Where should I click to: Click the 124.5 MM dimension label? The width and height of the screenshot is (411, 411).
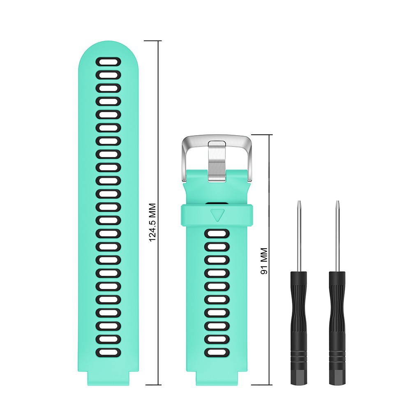(153, 222)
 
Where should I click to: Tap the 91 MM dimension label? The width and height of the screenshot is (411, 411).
(264, 261)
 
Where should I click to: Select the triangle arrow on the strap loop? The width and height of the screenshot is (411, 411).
(217, 215)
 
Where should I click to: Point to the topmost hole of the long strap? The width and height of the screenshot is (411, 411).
(108, 62)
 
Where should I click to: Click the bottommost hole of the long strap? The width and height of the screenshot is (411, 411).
(108, 352)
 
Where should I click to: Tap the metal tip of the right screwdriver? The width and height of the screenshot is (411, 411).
(337, 205)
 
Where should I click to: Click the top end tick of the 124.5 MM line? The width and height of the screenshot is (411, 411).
(153, 41)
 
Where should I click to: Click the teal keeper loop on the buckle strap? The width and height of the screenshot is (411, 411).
(193, 215)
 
